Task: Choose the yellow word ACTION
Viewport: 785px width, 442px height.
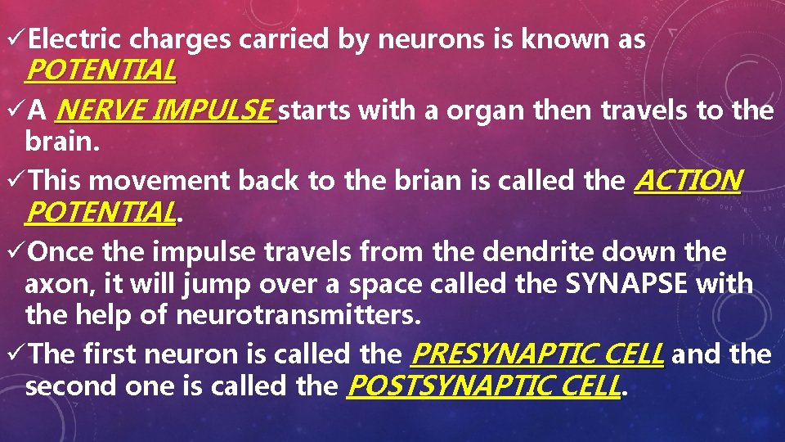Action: [x=688, y=180]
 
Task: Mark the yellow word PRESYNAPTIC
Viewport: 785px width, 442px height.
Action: [x=508, y=354]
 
